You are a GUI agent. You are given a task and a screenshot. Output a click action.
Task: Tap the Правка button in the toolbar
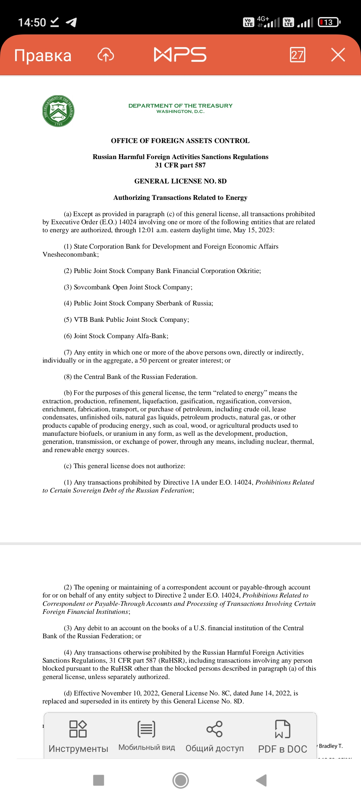(43, 55)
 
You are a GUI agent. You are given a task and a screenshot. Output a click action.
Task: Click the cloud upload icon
(106, 55)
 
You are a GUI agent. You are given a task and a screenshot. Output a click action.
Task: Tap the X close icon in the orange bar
(338, 55)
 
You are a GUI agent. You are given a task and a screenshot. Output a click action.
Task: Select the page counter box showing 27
(297, 55)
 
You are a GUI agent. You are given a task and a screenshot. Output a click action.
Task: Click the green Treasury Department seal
(58, 111)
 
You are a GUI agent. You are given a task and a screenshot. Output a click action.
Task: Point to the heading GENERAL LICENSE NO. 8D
(180, 181)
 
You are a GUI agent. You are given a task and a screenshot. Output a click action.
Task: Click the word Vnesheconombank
(70, 255)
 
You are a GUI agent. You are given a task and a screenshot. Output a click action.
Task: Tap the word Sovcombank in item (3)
(92, 287)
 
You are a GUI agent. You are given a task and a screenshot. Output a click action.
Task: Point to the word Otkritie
(248, 271)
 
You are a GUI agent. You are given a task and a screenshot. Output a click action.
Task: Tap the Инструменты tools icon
(78, 729)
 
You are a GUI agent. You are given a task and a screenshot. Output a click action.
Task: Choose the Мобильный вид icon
(146, 729)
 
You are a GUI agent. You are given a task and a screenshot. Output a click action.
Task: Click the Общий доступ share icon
(215, 729)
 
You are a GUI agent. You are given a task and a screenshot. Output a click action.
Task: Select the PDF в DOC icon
(283, 729)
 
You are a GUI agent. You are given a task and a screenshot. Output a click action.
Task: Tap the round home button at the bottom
(180, 781)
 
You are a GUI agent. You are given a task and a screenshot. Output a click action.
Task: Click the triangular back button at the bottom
(261, 781)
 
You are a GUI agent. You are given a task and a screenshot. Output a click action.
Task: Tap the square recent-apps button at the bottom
(99, 781)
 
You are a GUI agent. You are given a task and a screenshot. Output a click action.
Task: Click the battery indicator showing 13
(329, 22)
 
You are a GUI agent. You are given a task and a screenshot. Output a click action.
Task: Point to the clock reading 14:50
(32, 22)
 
